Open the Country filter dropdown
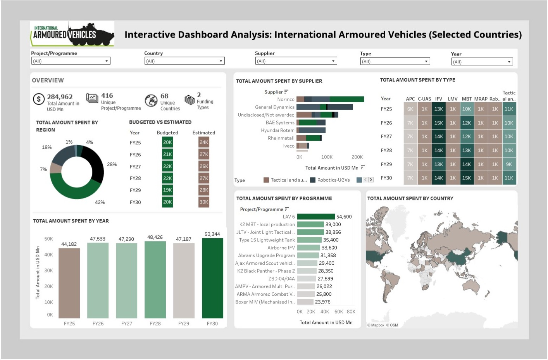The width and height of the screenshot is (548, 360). tap(184, 61)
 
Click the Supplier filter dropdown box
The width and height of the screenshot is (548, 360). tap(296, 61)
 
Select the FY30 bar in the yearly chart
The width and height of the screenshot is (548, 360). tap(212, 278)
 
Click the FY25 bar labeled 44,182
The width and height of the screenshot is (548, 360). tap(69, 283)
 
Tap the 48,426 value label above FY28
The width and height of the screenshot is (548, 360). tap(155, 237)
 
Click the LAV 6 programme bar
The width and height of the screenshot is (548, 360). tap(315, 217)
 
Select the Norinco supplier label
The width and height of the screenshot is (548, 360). tap(286, 100)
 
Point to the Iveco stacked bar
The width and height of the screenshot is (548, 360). tap(302, 146)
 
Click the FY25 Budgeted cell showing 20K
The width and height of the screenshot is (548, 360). tap(167, 143)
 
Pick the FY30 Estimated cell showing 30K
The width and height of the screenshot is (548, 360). tap(204, 202)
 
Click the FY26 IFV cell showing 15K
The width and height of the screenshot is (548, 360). tap(438, 123)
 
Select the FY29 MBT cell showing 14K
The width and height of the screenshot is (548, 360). tap(467, 164)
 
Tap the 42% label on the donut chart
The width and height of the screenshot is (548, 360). tap(100, 202)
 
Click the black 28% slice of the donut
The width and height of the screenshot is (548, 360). tap(95, 165)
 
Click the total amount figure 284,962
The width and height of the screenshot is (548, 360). tap(60, 97)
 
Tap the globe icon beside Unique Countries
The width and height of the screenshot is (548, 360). tap(151, 101)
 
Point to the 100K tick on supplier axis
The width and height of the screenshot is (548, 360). tap(327, 157)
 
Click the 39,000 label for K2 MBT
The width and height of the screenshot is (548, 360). tap(333, 225)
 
